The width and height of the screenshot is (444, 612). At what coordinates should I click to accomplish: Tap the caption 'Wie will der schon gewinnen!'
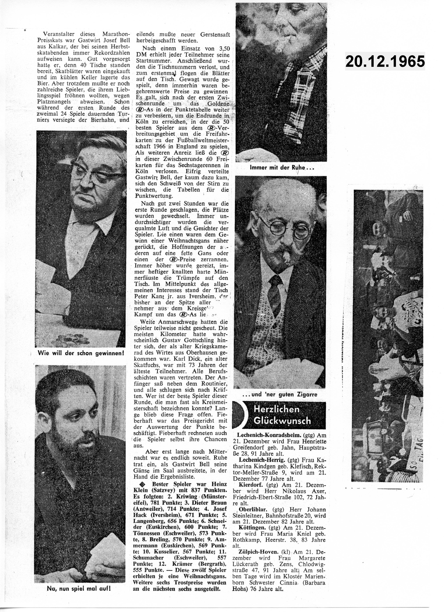[81, 353]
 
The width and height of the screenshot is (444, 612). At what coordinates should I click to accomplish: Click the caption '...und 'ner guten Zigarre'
[279, 395]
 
